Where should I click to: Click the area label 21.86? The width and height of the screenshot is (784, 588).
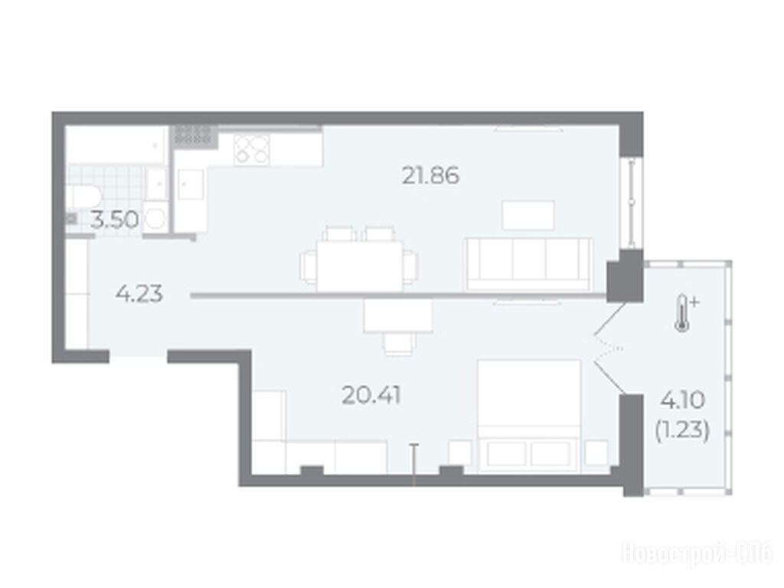pos(430,176)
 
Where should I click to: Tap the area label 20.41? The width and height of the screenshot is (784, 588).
pos(371,396)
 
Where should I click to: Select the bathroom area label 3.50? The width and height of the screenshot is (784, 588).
pos(115,220)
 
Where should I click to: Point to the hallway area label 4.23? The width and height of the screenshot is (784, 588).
pos(139,294)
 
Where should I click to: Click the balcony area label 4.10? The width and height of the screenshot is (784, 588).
pos(682,400)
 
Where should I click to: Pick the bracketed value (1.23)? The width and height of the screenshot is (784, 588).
pos(682,430)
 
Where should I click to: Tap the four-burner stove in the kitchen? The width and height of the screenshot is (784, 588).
pos(252,149)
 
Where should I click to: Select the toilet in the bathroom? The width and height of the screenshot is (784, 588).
pos(83,197)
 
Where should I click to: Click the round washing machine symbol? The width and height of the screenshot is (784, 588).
pos(155,218)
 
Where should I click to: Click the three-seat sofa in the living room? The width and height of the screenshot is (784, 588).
pos(529,264)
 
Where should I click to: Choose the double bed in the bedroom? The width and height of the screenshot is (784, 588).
pos(529,416)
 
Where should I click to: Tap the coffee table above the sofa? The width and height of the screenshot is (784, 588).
pos(528,215)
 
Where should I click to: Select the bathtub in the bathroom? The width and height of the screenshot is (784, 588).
pos(116,145)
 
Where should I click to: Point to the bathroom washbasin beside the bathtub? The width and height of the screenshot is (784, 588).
pos(156,184)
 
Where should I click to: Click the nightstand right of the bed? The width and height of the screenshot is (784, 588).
pos(596,453)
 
